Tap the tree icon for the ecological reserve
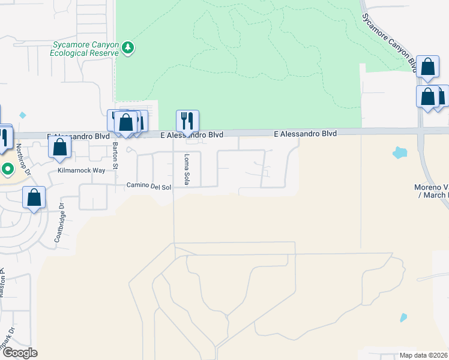coord(127,48)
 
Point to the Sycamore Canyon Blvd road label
coord(390,37)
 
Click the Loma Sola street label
coord(187,170)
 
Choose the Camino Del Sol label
coord(149,187)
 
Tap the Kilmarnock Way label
coord(81,170)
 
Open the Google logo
coord(19,353)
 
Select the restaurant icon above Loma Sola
coord(187,121)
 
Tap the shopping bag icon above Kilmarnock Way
coord(59,146)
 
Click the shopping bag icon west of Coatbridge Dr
coord(34,197)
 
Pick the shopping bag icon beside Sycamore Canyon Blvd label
coord(428,67)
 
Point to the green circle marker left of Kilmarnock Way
coord(7,169)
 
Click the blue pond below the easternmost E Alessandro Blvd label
coord(399,152)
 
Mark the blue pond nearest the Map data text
coord(403,317)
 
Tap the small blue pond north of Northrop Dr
coord(23,115)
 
